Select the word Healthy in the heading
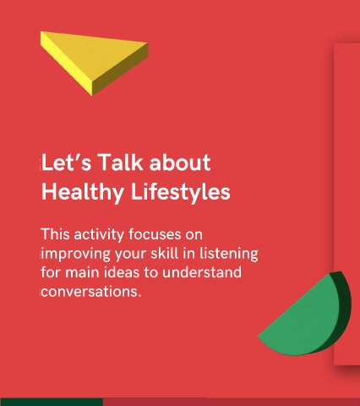(x=82, y=192)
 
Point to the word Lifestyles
(x=181, y=192)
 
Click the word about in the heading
(x=180, y=162)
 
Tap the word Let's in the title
(x=67, y=162)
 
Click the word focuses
(x=155, y=234)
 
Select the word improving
(x=76, y=254)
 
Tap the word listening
(x=229, y=254)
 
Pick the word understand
(x=202, y=272)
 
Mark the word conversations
(x=91, y=292)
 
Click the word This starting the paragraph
(x=55, y=234)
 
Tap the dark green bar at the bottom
(x=52, y=402)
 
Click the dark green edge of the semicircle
(x=344, y=304)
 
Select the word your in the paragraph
(x=130, y=255)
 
